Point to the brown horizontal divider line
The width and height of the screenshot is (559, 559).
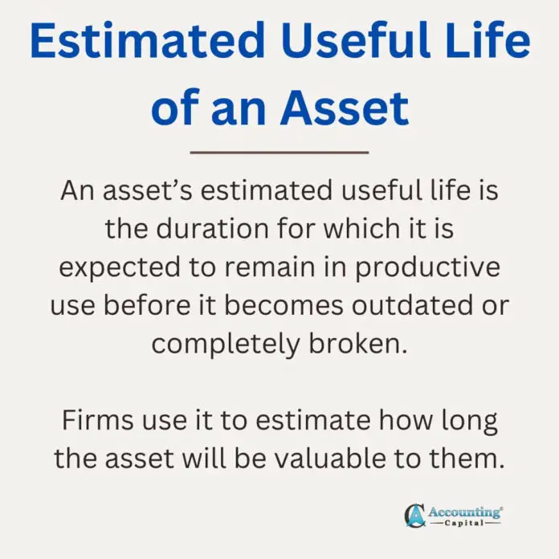pyautogui.click(x=279, y=151)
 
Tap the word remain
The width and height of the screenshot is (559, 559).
pyautogui.click(x=260, y=267)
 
